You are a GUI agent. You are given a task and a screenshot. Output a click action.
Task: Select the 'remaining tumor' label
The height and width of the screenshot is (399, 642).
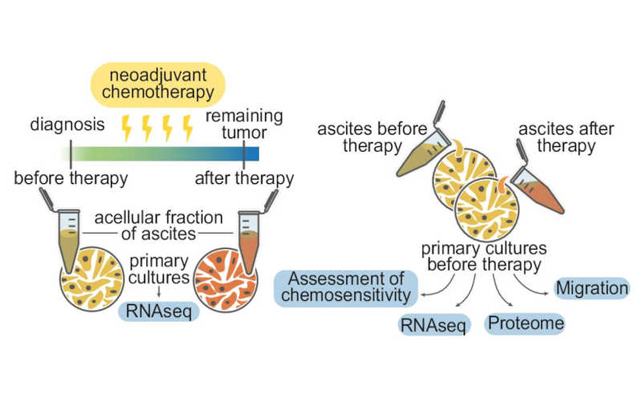pos(244,125)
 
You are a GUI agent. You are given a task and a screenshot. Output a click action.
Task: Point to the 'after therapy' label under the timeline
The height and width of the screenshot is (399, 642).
pos(243,177)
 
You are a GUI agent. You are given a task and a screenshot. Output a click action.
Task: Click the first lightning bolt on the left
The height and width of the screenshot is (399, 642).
pos(127,128)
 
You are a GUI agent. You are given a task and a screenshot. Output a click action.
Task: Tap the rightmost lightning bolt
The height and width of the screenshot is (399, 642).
pos(188,128)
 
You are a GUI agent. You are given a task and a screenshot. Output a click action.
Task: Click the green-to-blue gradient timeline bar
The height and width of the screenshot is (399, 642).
pos(160,153)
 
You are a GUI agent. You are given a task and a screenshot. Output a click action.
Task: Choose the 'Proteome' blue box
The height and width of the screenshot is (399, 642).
pos(526,324)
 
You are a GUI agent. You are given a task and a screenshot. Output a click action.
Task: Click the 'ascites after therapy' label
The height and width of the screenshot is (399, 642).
pos(557,137)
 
